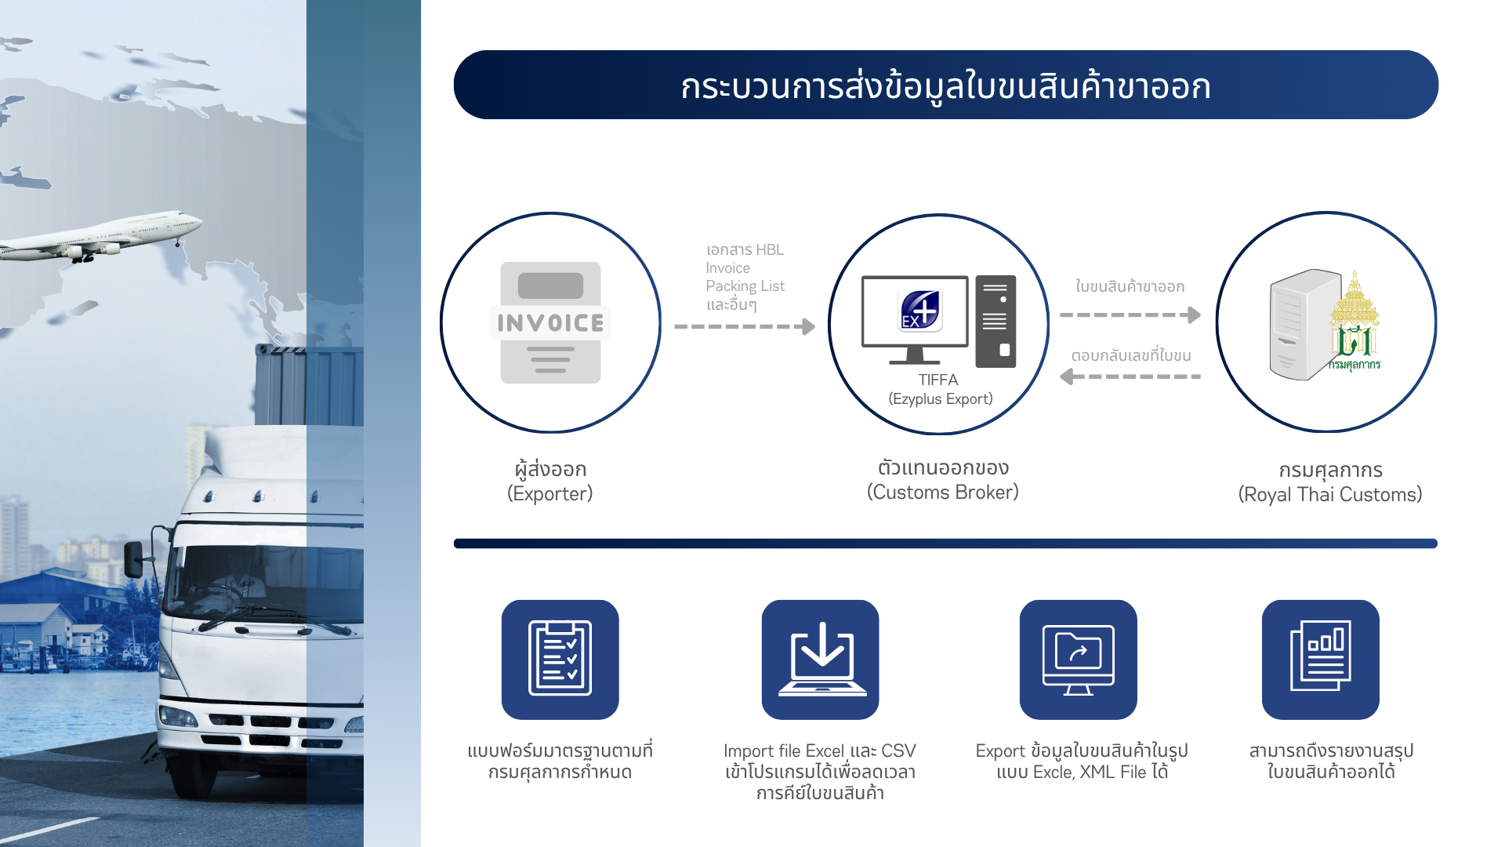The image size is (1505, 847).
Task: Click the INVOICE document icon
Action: [550, 322]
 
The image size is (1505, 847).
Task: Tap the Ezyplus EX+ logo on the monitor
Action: [920, 310]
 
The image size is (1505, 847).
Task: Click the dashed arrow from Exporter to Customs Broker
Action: [745, 326]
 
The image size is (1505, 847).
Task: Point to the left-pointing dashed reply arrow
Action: [1130, 376]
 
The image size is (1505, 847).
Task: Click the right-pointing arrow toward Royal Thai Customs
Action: [1130, 314]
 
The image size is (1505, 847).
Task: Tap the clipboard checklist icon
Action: [560, 659]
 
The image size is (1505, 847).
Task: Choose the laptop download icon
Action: [821, 659]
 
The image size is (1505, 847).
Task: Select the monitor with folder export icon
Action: [1079, 659]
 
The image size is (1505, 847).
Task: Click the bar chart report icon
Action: [1321, 659]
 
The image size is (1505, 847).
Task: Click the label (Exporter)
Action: [550, 493]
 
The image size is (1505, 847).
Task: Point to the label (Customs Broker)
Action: [943, 492]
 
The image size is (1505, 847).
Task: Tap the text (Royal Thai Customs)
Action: [1330, 494]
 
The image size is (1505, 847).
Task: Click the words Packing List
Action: [745, 286]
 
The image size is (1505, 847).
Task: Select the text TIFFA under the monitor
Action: [938, 380]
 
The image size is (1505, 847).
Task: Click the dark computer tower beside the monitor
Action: [995, 322]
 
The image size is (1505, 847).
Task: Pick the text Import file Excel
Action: [784, 751]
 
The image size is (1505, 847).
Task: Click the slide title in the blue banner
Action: [945, 86]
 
